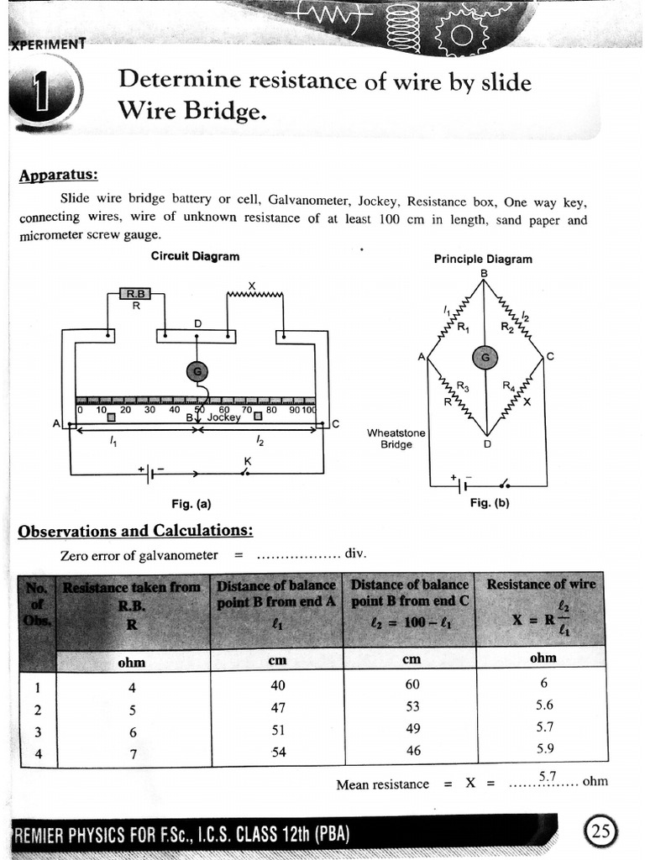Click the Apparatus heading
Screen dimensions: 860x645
(x=58, y=175)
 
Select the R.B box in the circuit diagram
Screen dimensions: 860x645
(x=135, y=294)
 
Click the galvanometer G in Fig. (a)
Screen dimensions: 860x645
(x=197, y=372)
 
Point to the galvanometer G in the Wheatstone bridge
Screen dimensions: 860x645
(x=484, y=358)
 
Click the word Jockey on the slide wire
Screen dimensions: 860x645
(x=223, y=417)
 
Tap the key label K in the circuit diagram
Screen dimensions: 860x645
(x=247, y=461)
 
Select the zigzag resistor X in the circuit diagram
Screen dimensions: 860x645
(x=255, y=295)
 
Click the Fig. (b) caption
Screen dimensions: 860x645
(x=490, y=503)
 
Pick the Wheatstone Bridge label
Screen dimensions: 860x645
(x=396, y=438)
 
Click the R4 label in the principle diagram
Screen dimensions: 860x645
(x=509, y=386)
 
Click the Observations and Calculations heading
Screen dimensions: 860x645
(x=135, y=531)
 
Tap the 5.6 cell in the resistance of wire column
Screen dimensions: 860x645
(x=545, y=705)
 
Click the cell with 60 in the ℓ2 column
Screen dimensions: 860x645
(x=412, y=685)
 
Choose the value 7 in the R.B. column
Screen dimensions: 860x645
(x=132, y=753)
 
